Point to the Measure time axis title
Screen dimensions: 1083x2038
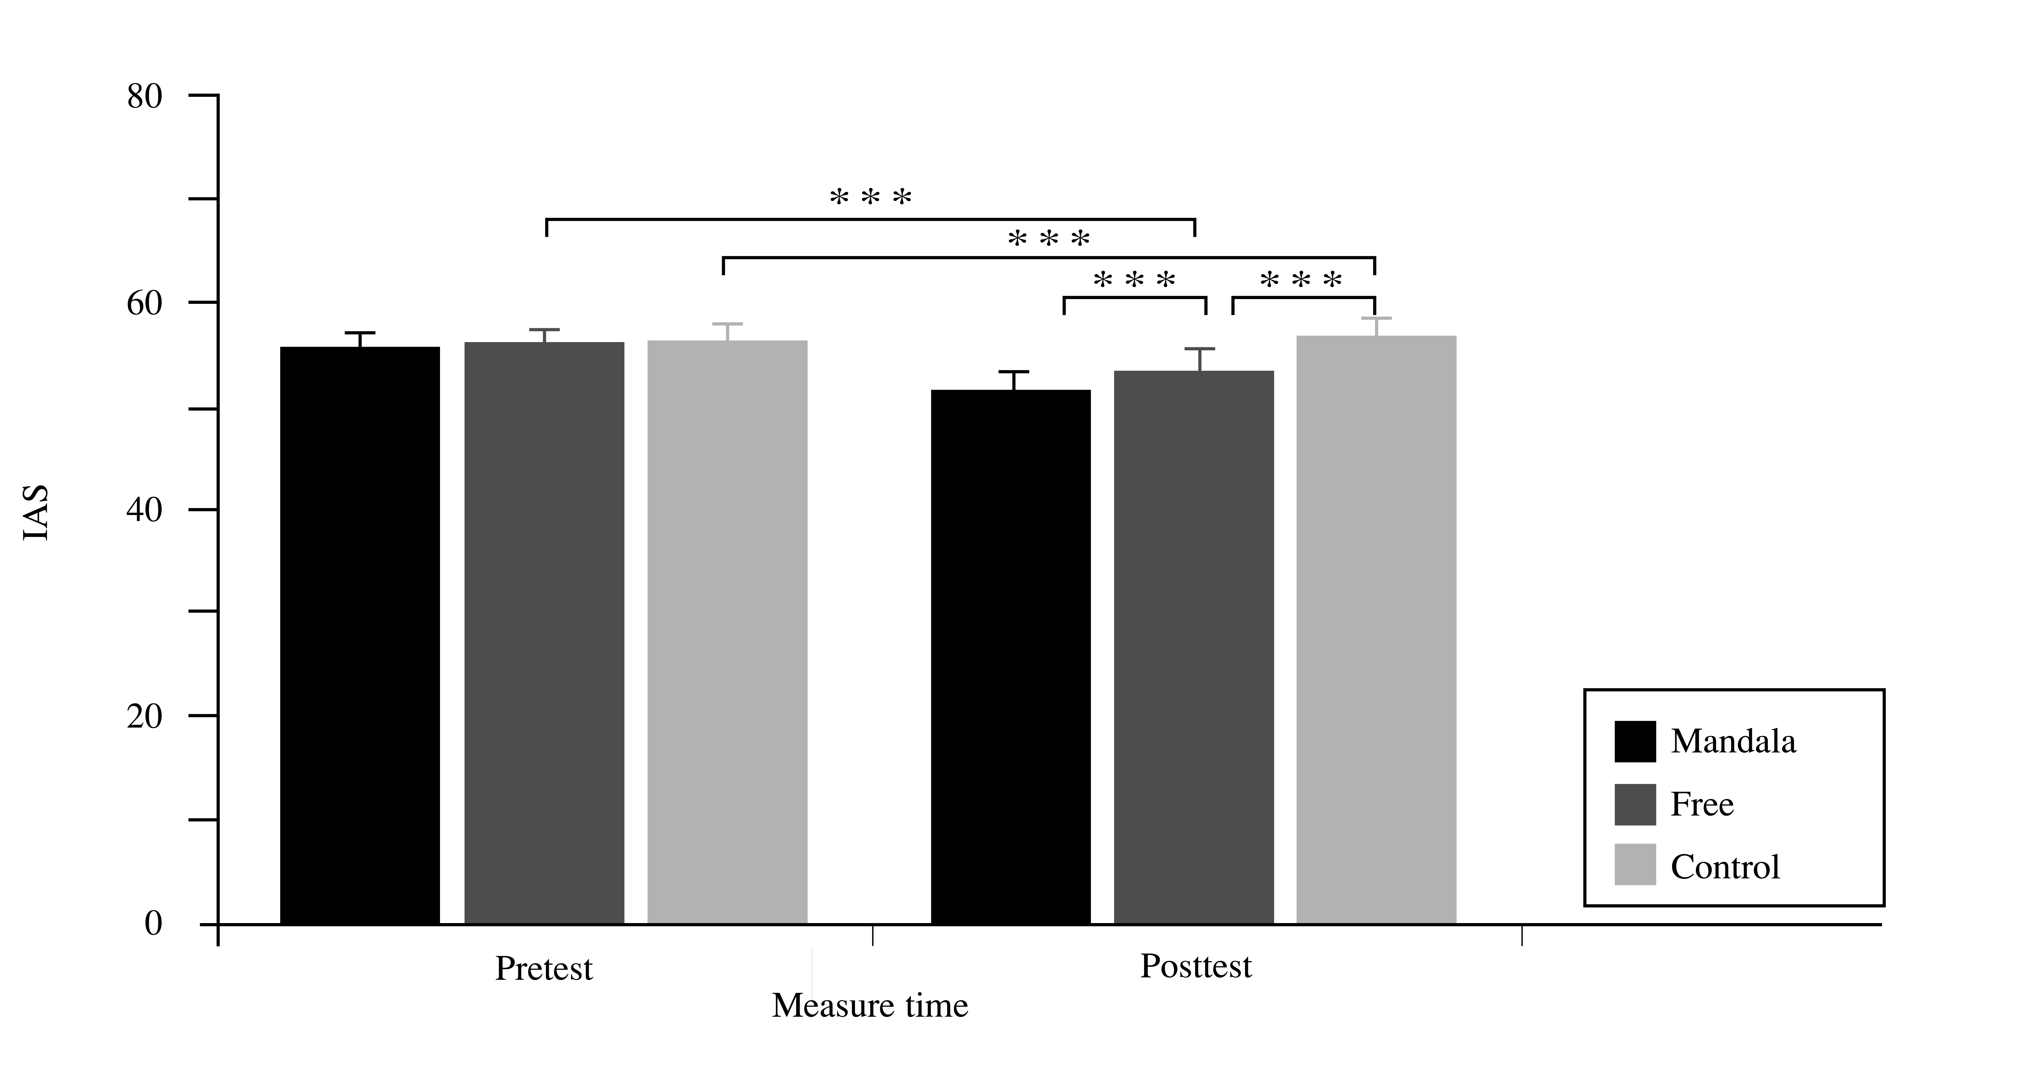(869, 1006)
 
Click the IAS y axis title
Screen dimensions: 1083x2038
(36, 513)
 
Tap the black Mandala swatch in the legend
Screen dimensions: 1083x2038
(1634, 741)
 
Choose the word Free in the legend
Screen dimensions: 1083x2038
(1702, 804)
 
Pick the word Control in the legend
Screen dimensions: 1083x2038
(1725, 867)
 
